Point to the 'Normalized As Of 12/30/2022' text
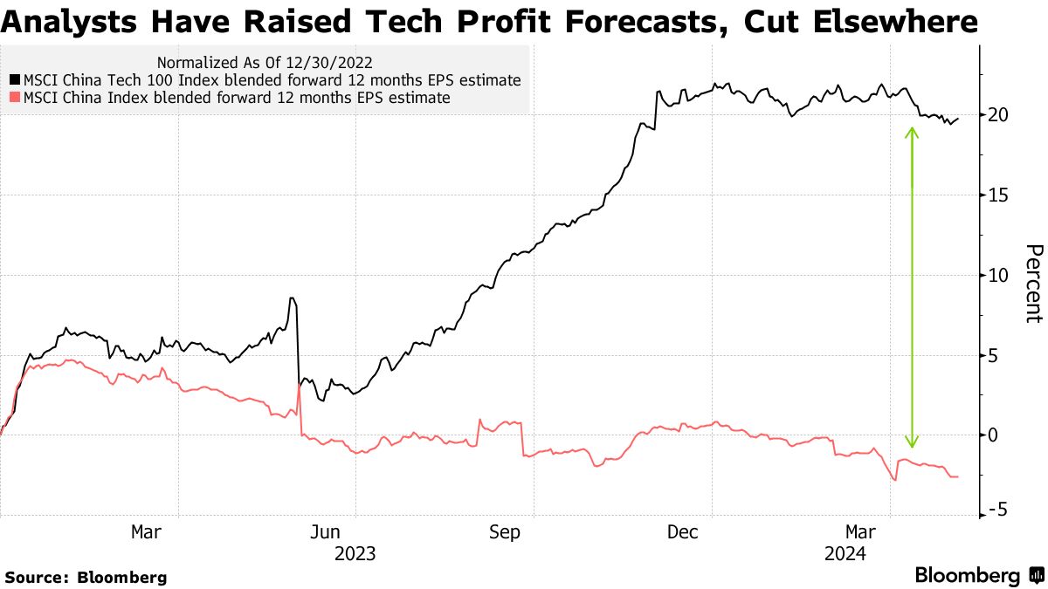click(x=265, y=63)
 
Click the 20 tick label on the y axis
click(x=999, y=115)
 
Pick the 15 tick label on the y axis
click(x=999, y=195)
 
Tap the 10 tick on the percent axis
click(x=999, y=276)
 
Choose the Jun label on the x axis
click(x=326, y=531)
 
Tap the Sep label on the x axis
click(x=503, y=531)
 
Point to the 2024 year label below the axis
click(x=845, y=553)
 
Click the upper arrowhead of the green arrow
click(x=912, y=133)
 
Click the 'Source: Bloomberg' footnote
click(x=86, y=577)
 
